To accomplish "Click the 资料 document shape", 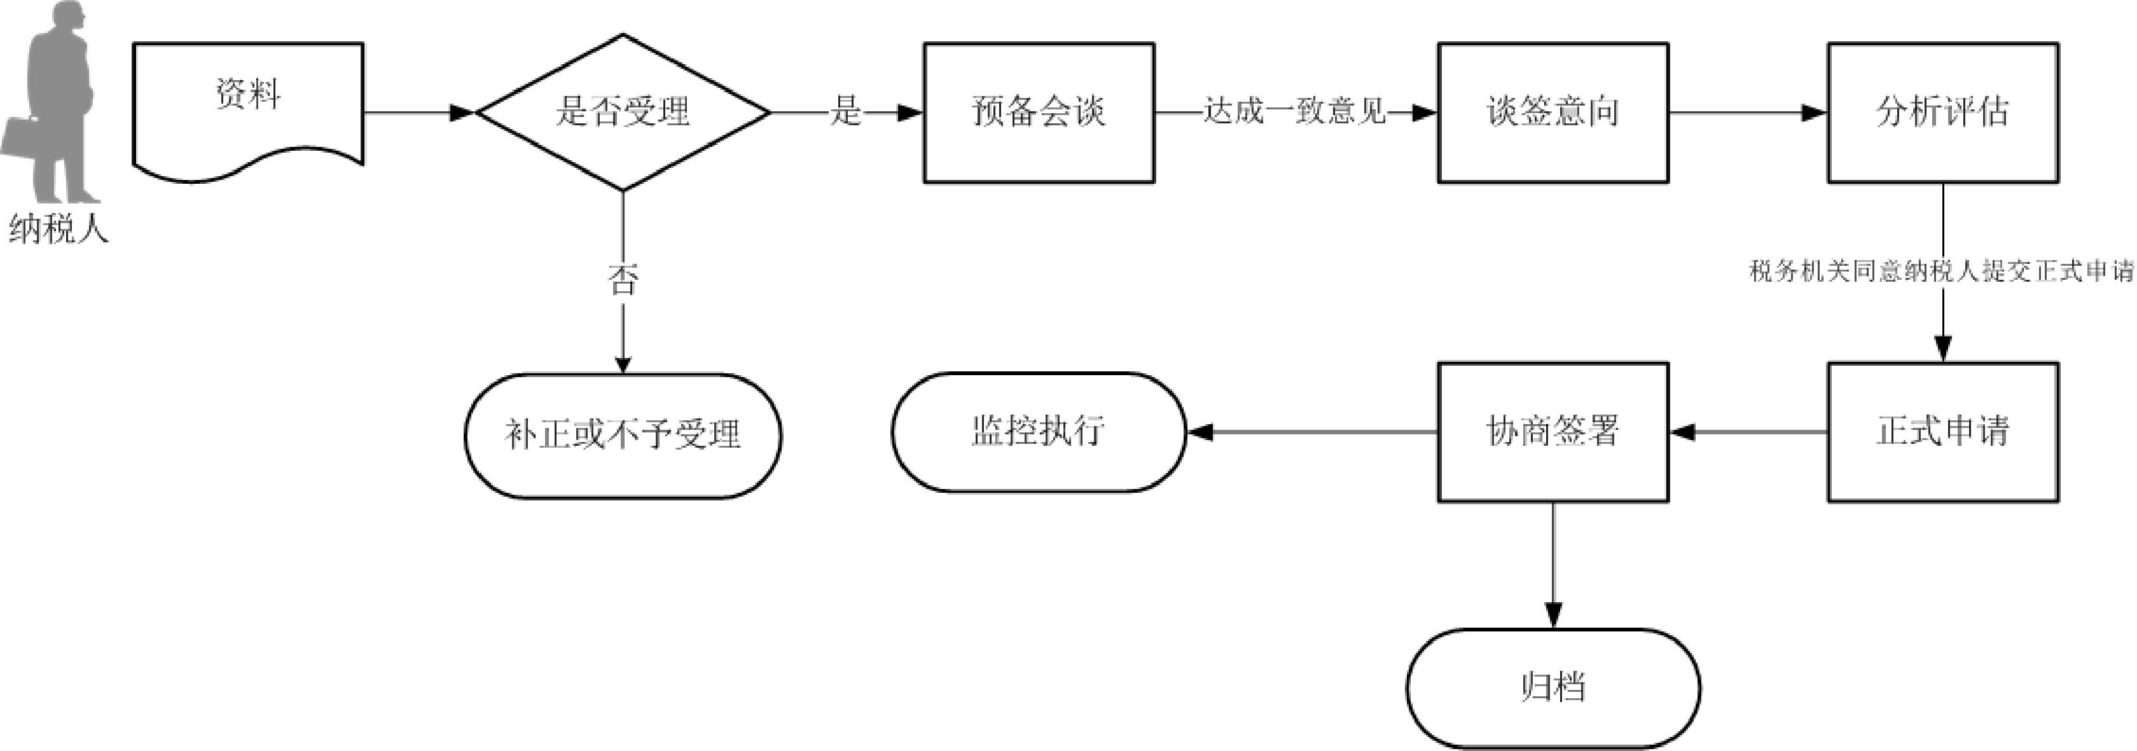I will [x=247, y=104].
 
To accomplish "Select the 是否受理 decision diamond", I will [x=622, y=112].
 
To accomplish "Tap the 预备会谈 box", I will [x=1039, y=112].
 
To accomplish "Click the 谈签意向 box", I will [x=1552, y=112].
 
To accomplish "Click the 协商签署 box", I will [x=1552, y=432].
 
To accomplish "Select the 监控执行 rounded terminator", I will [x=1039, y=432].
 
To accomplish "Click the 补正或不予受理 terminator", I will [x=622, y=435].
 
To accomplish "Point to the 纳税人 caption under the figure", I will [x=58, y=228].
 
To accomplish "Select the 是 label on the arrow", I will [x=845, y=112].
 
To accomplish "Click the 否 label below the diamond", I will [x=622, y=280].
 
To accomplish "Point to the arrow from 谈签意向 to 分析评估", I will [x=1746, y=113].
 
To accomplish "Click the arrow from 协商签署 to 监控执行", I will [x=1311, y=432].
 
